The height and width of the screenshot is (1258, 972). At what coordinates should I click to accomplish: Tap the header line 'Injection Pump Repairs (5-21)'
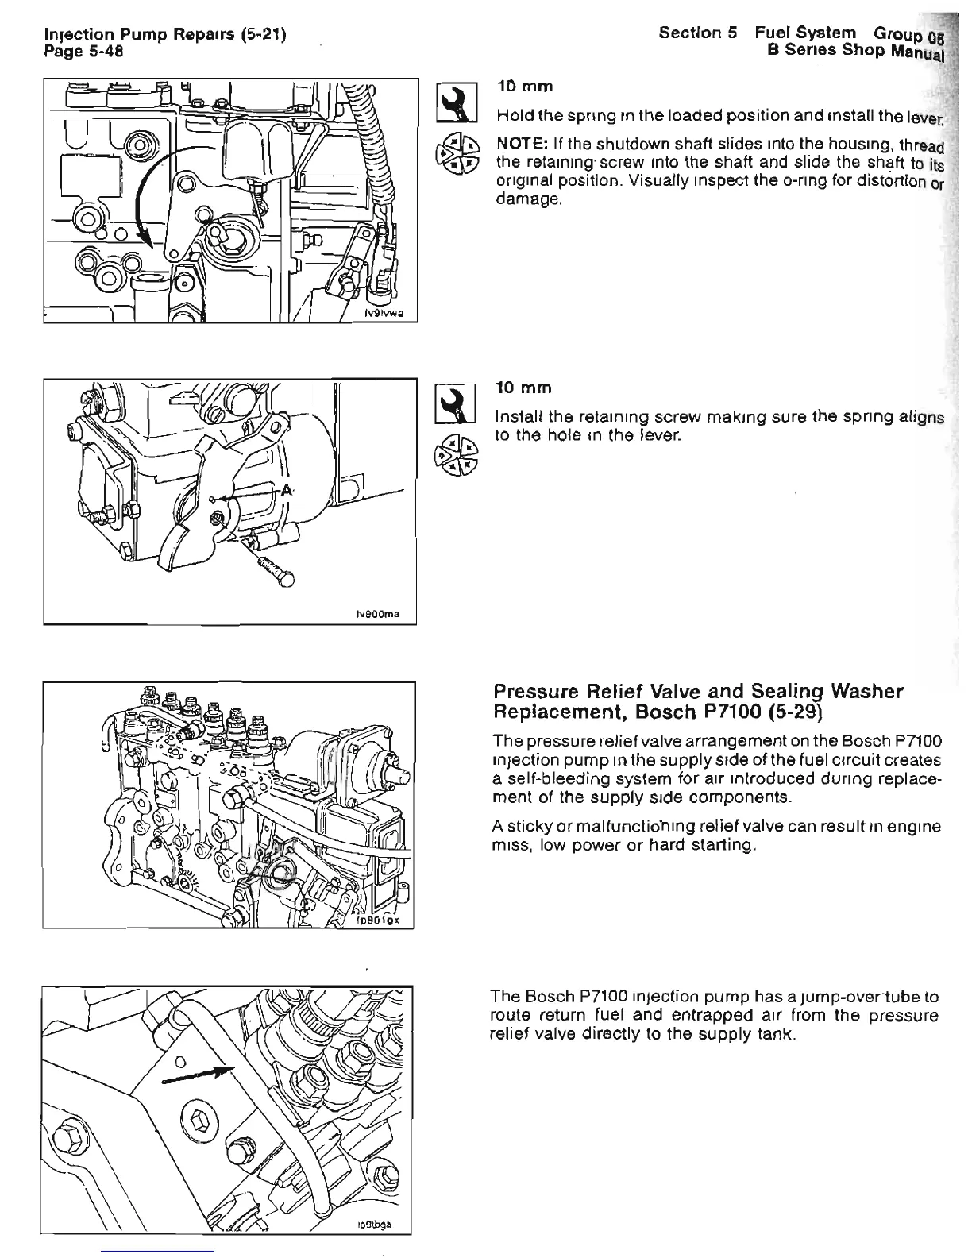(165, 36)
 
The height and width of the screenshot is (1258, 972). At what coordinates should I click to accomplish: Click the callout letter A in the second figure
(280, 491)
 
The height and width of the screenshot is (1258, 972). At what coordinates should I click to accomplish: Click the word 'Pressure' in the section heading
(541, 692)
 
